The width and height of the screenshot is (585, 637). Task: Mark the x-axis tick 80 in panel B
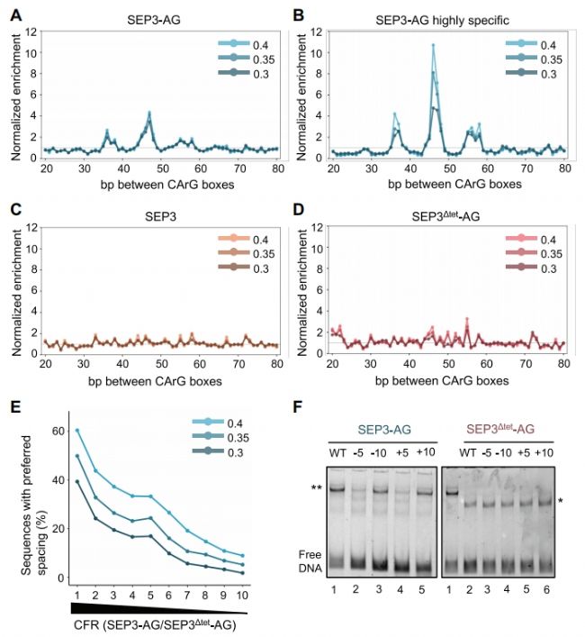pyautogui.click(x=564, y=168)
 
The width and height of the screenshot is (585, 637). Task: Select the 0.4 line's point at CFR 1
pyautogui.click(x=77, y=431)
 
